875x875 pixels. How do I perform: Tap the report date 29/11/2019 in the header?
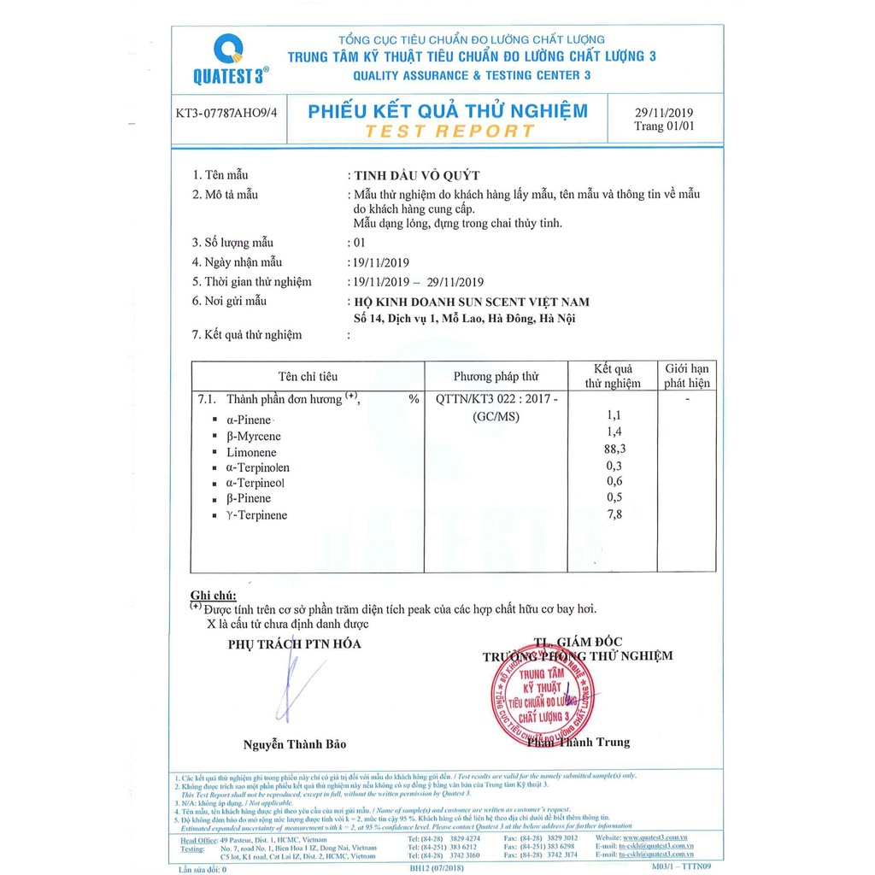tap(665, 113)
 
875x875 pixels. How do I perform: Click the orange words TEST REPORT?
tap(449, 131)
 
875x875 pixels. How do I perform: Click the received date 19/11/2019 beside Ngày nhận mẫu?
tap(384, 262)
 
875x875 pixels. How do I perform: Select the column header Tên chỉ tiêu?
tap(308, 376)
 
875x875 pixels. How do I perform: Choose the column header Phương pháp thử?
tap(496, 376)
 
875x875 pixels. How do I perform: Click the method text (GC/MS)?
tap(496, 417)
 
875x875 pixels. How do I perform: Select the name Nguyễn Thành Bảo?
tap(295, 744)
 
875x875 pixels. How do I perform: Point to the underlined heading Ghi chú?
tap(213, 595)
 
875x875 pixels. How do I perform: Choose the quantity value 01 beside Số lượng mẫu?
tap(359, 242)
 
